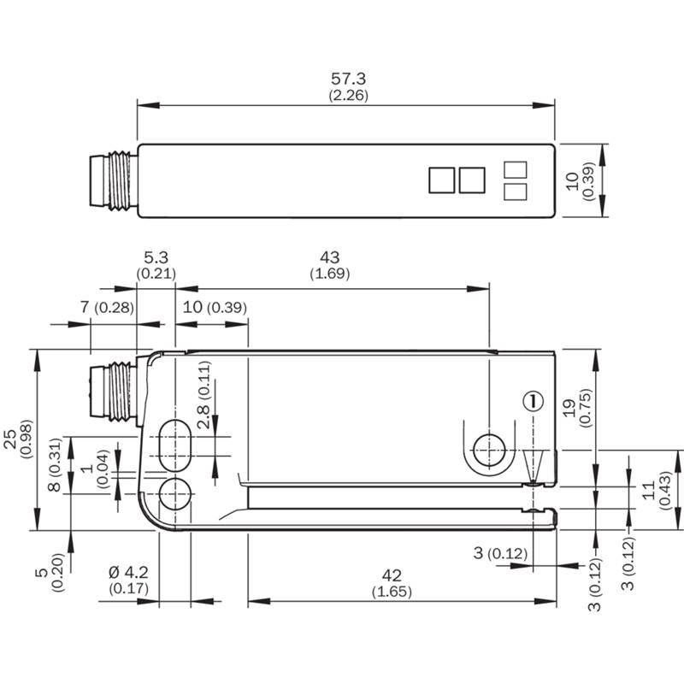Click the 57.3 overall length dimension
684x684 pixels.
point(348,79)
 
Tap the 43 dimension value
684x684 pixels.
point(330,257)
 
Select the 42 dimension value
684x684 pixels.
point(392,575)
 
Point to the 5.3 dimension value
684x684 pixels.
point(156,257)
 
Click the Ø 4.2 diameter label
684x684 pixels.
point(128,572)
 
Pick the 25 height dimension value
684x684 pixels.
point(10,439)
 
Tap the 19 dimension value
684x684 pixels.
point(569,409)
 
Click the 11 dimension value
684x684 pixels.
point(649,490)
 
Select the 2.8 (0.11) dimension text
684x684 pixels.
point(203,395)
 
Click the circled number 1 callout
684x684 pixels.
point(533,400)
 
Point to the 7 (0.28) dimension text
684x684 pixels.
point(107,307)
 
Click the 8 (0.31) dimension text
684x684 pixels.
point(55,465)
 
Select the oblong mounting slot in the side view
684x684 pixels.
point(175,445)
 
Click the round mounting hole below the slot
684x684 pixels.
point(175,494)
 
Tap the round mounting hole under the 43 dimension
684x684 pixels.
point(489,451)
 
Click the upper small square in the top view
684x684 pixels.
point(516,169)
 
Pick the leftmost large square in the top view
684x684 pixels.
point(442,180)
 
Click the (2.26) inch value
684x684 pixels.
point(348,95)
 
